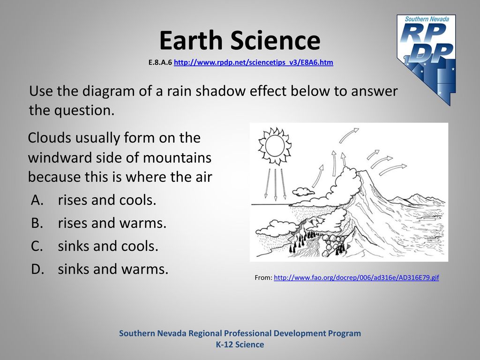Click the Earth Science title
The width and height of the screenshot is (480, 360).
click(240, 40)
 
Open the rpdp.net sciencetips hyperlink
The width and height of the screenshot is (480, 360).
click(253, 62)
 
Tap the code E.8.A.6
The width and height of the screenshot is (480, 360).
click(160, 62)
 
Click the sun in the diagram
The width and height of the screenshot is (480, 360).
click(275, 146)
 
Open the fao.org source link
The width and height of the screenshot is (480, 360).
click(356, 277)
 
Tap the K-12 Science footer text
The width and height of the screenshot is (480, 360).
click(240, 345)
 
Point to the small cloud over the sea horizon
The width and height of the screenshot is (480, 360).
click(303, 192)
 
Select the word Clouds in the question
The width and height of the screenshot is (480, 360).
click(50, 138)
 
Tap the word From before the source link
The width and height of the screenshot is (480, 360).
click(263, 277)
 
